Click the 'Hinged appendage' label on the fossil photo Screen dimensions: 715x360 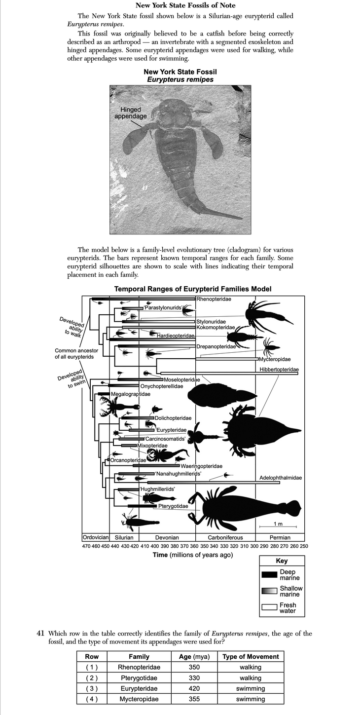(x=131, y=113)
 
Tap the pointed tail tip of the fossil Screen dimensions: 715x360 (x=241, y=218)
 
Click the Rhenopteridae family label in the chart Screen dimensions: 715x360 (x=214, y=299)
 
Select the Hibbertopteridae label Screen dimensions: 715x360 (x=279, y=370)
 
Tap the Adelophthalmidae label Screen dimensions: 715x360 (x=281, y=478)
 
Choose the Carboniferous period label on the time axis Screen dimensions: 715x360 (x=225, y=537)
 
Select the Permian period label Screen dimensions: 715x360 (x=280, y=537)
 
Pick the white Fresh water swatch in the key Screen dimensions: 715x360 (x=269, y=607)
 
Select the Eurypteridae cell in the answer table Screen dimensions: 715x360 (x=139, y=688)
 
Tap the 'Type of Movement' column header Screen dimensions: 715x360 (x=251, y=656)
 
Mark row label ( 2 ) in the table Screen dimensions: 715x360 (x=92, y=678)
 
